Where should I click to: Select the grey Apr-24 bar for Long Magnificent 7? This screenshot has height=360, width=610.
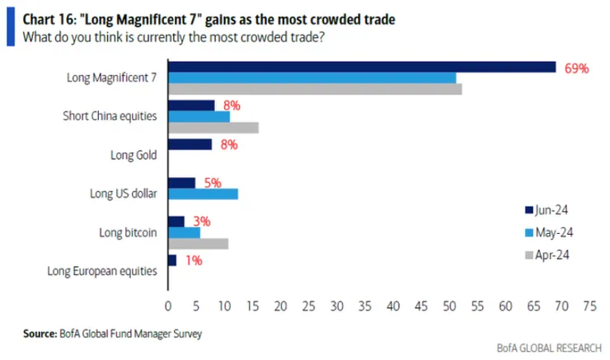[315, 89]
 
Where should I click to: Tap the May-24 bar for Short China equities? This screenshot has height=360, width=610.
[199, 116]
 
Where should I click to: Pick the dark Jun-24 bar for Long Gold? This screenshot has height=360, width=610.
[190, 144]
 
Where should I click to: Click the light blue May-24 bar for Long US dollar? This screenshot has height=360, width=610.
[203, 194]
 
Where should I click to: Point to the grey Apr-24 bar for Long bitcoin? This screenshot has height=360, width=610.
[198, 243]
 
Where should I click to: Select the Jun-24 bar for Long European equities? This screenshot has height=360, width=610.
[171, 260]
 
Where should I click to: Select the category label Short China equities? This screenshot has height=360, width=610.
[110, 116]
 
